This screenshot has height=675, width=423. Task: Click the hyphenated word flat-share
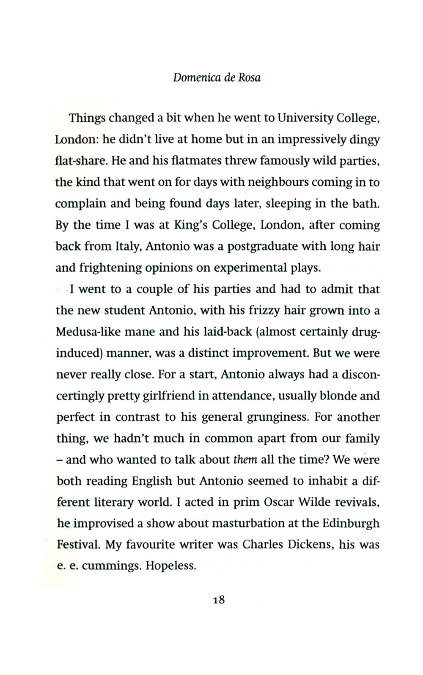(77, 161)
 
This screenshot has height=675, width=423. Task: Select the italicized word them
(245, 460)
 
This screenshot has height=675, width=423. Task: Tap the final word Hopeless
(171, 566)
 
